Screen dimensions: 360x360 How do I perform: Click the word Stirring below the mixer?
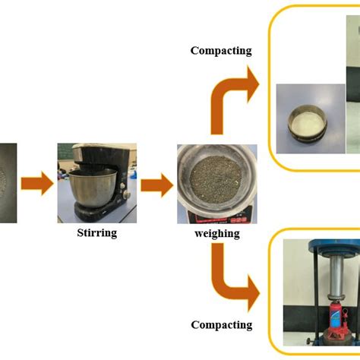[96, 232]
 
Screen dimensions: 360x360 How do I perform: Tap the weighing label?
[216, 232]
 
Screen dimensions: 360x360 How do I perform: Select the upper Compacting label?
[221, 51]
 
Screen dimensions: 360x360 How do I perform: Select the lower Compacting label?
[221, 324]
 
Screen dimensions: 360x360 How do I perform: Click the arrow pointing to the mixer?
[36, 183]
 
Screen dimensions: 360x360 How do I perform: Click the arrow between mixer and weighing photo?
[156, 183]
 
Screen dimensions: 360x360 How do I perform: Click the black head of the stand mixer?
[91, 156]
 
